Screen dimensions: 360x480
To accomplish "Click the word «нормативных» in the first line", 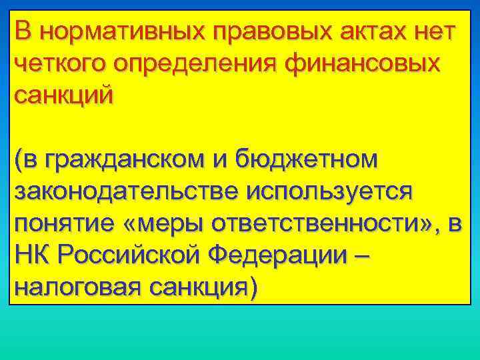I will pos(113,31).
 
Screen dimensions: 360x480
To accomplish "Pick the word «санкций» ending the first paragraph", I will pos(64,95).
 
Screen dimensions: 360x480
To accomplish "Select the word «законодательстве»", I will pos(125,192).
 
